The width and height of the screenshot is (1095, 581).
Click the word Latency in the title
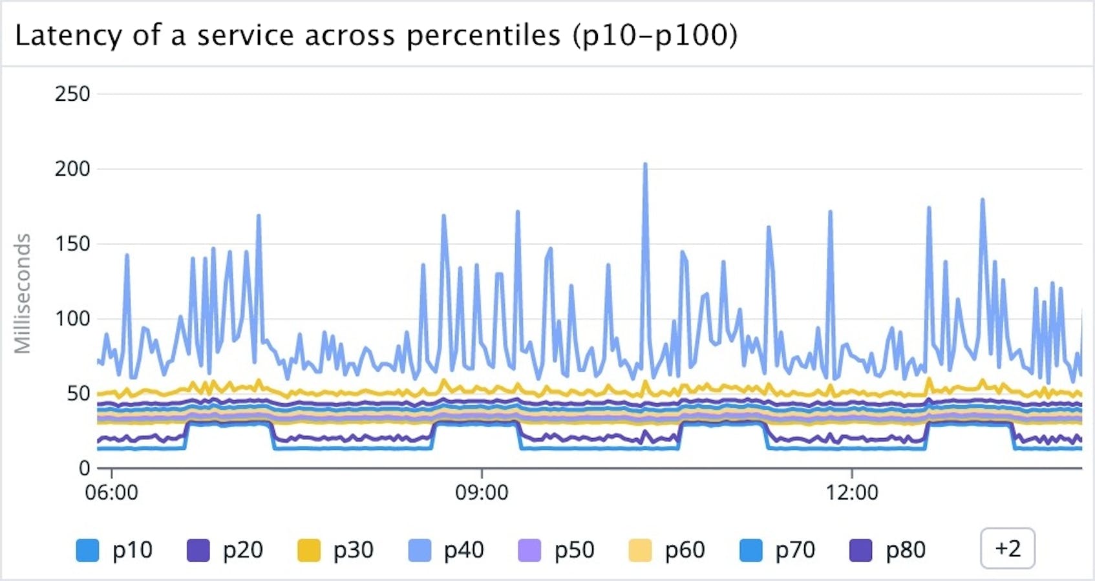click(x=68, y=36)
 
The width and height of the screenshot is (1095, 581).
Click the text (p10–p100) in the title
click(x=655, y=36)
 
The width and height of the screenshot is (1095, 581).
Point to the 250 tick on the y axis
click(x=72, y=94)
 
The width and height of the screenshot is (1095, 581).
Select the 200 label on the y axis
click(x=72, y=169)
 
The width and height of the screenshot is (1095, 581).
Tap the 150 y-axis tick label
click(x=72, y=244)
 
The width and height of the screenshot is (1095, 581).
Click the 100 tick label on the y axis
click(x=72, y=319)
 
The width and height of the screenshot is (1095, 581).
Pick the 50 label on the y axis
click(x=78, y=394)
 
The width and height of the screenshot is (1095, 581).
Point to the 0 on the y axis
click(x=84, y=468)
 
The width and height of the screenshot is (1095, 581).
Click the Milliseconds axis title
click(x=23, y=293)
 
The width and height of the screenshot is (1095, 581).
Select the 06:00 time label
click(x=111, y=492)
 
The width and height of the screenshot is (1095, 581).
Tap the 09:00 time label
click(x=482, y=492)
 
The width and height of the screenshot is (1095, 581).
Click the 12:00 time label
click(x=852, y=492)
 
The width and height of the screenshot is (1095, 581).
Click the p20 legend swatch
click(x=198, y=551)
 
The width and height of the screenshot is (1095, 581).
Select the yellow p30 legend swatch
click(x=309, y=551)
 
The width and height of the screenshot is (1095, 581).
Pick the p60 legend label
click(x=684, y=550)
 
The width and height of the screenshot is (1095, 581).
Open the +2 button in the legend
click(x=1007, y=549)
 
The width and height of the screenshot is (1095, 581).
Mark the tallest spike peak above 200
click(x=645, y=165)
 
